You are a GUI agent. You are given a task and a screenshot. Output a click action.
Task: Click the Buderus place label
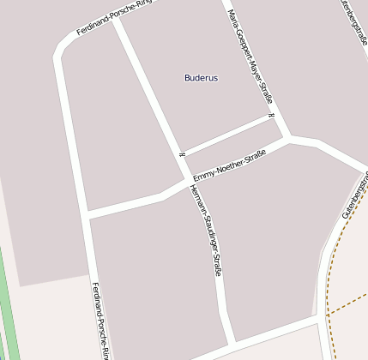201,78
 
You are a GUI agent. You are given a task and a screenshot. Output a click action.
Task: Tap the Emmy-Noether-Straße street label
229,165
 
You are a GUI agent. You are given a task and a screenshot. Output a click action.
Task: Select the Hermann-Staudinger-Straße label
208,230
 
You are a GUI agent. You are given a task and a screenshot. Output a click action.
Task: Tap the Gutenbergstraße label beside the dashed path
355,195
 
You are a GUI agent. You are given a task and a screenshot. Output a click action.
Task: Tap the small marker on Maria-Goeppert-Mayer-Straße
270,116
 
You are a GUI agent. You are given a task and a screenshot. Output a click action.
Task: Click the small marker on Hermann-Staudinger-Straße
182,153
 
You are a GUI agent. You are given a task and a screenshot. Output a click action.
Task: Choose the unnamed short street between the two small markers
227,135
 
